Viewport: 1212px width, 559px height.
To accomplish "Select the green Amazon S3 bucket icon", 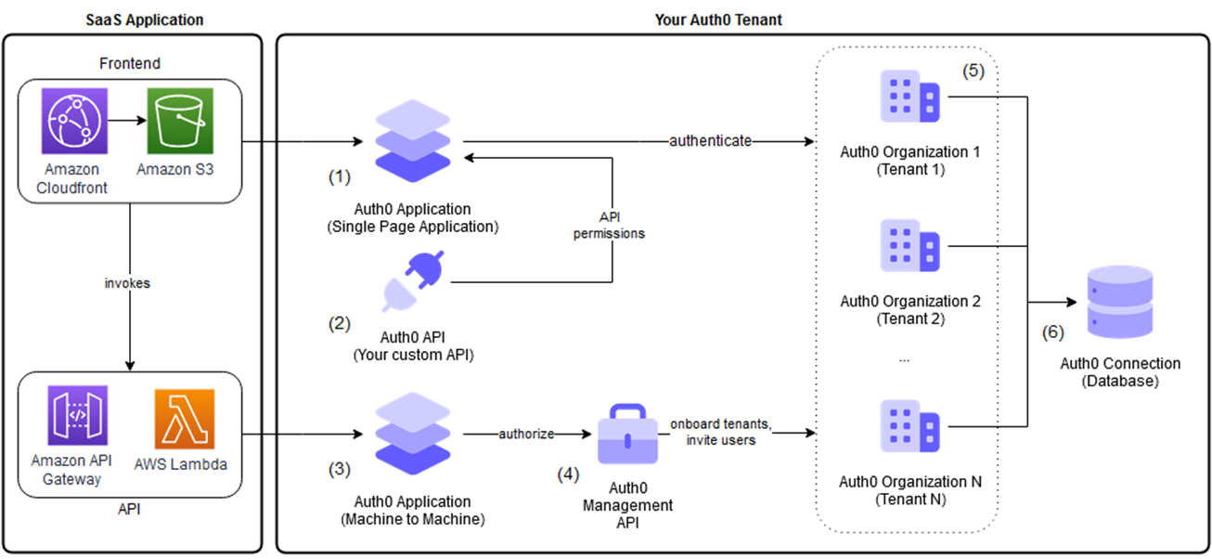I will (180, 121).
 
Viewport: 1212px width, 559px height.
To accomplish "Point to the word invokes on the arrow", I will (127, 283).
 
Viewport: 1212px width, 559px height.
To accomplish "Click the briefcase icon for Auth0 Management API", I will (627, 435).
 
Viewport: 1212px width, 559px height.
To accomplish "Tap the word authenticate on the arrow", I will (710, 142).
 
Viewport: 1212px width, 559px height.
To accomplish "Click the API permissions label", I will (609, 224).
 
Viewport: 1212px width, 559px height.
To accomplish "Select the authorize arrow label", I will (526, 434).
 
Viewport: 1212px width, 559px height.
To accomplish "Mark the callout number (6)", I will (1051, 331).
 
